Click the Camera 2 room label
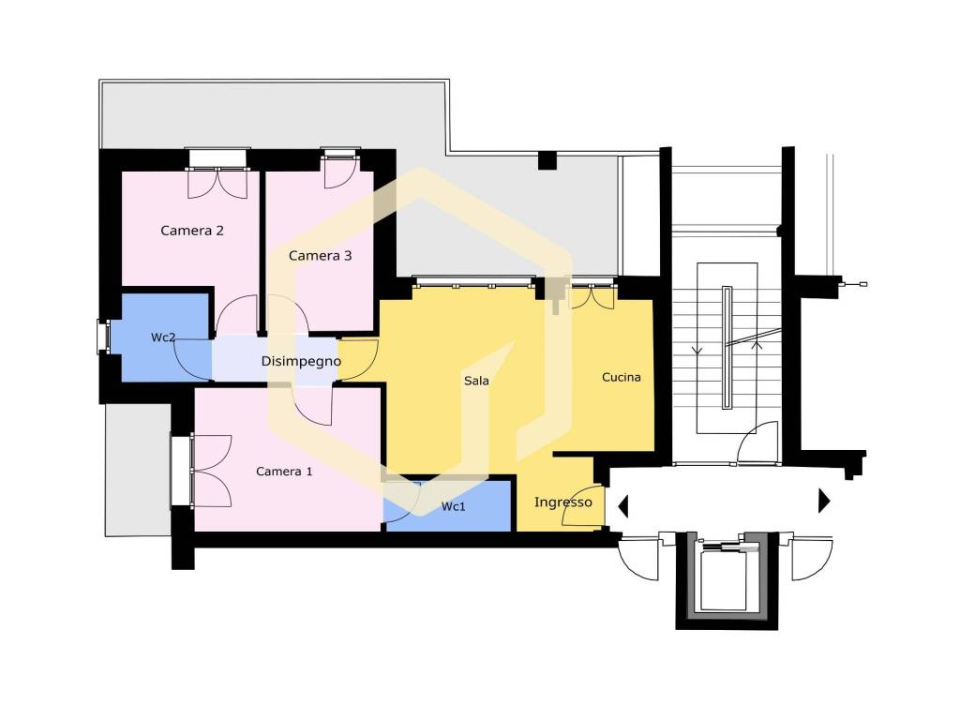191,231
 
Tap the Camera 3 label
321,256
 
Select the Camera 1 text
284,472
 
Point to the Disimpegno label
301,361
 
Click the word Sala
476,381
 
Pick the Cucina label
622,377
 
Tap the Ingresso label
563,502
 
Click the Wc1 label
454,506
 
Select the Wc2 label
163,337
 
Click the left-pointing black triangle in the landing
623,506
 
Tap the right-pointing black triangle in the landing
824,501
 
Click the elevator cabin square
725,579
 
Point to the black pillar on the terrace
547,160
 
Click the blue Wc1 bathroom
447,505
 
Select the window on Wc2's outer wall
103,337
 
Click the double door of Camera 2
217,183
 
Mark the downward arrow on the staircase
697,351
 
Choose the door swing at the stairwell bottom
757,442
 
